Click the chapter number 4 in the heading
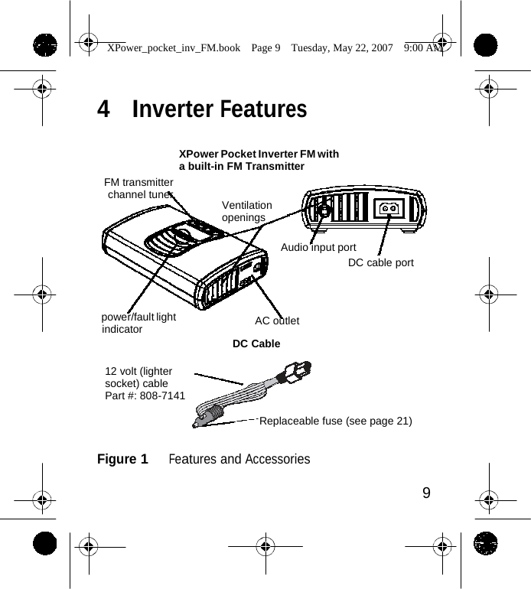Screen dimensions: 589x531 103,109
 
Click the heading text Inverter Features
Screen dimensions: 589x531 220,109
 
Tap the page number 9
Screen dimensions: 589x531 426,492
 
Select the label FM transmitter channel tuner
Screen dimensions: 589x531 138,188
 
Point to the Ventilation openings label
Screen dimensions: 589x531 246,211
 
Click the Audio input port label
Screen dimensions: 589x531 318,247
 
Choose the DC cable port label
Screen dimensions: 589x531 380,262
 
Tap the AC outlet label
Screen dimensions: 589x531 277,320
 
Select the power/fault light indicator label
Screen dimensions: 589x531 138,323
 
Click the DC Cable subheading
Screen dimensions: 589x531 256,343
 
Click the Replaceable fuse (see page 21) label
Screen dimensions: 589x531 336,421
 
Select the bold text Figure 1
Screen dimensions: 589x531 122,459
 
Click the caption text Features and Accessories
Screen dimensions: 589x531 239,459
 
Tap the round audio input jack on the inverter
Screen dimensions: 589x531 324,209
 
